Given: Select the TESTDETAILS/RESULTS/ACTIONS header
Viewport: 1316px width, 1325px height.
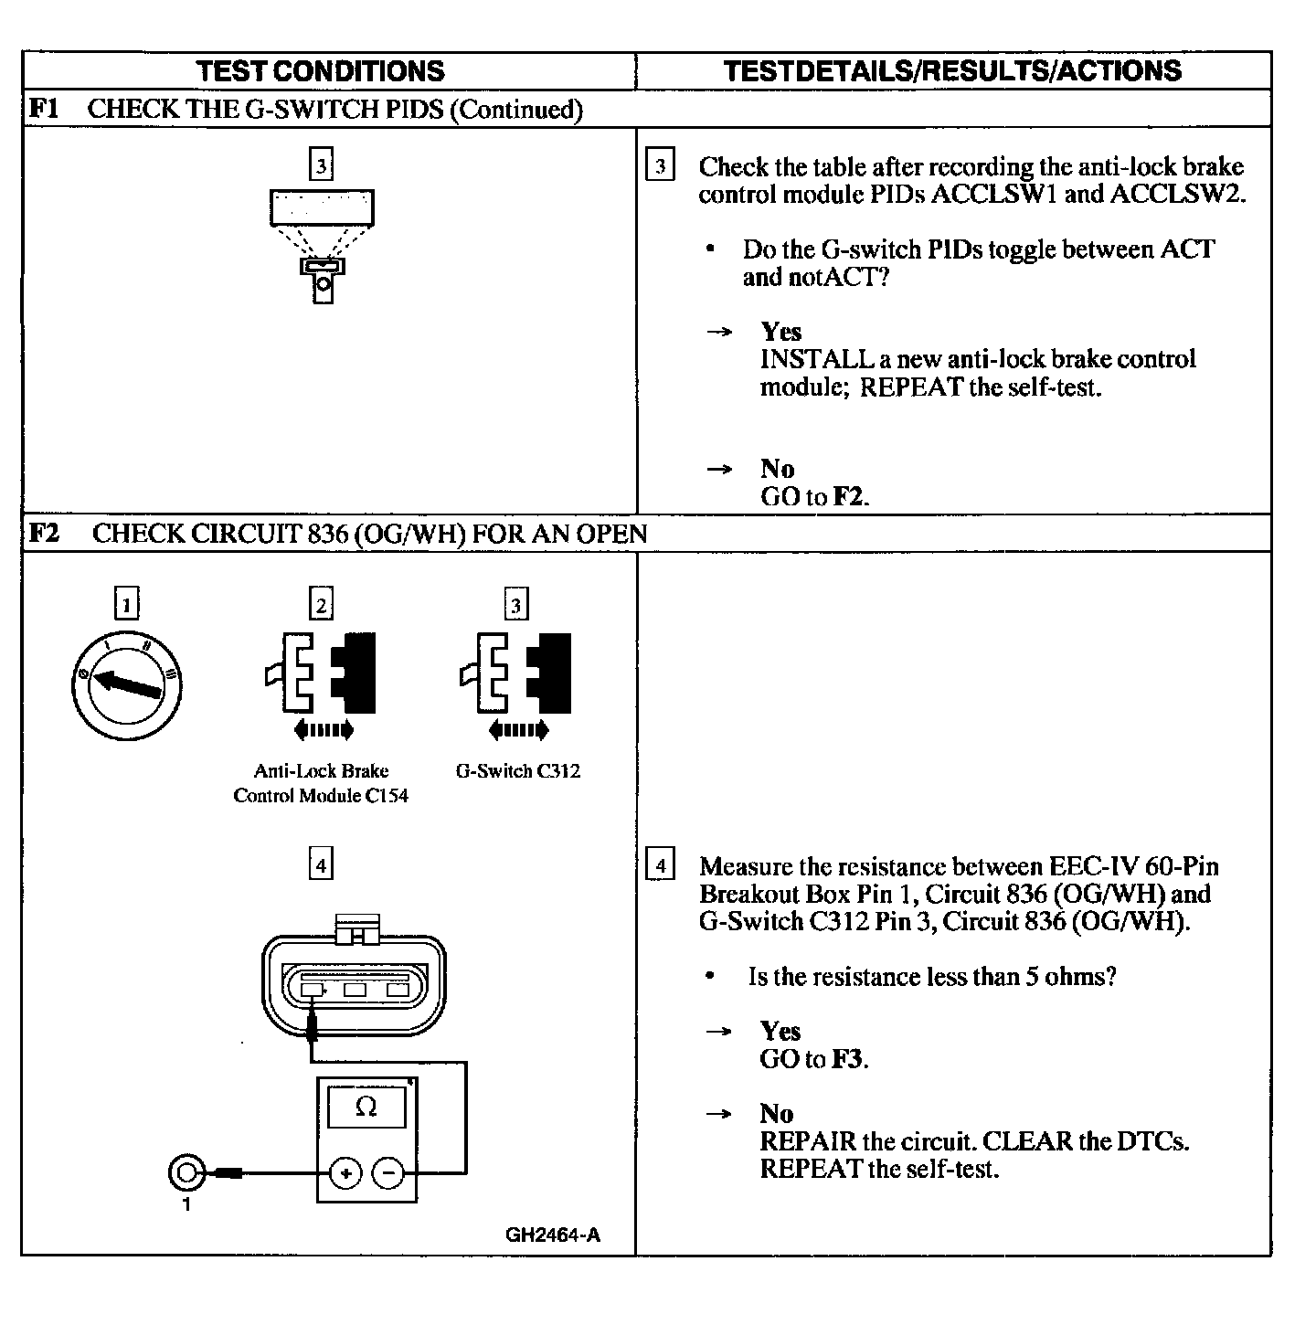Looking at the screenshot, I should (952, 71).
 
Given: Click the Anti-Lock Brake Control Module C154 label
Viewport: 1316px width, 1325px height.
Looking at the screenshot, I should (321, 783).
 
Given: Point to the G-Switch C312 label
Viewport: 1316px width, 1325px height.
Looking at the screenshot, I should (517, 771).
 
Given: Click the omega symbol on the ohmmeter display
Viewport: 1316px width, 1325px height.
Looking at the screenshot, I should (366, 1107).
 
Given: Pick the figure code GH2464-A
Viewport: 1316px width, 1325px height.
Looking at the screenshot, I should (553, 1235).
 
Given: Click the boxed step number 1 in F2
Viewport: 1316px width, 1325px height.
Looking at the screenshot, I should (126, 604).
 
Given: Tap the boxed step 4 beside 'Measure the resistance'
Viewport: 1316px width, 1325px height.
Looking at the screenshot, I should (660, 864).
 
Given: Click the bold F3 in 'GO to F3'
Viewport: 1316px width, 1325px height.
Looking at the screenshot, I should (846, 1059).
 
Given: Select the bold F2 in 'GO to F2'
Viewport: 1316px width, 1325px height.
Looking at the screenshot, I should (848, 497).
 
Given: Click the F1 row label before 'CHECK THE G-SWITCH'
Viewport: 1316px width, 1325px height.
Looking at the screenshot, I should (44, 109).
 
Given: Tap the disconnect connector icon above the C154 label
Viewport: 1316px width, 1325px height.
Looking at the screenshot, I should (321, 673).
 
